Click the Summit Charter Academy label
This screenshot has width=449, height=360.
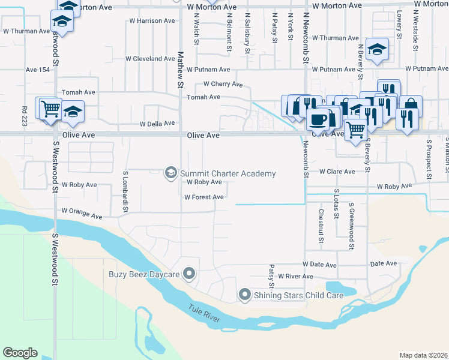(228, 174)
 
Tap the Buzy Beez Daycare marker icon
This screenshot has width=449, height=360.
(190, 275)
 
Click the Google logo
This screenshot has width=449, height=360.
(20, 353)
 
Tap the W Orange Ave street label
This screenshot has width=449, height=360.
(82, 211)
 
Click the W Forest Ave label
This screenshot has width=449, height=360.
(204, 197)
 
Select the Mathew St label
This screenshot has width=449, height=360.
(179, 70)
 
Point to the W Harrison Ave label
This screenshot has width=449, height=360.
(152, 21)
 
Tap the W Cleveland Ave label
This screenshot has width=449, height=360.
(150, 59)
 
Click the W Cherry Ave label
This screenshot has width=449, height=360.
(223, 85)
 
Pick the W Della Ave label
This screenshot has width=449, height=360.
(157, 124)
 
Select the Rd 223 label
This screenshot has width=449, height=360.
(25, 116)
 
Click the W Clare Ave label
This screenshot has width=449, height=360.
(337, 172)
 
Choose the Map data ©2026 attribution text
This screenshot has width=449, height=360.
(423, 355)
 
